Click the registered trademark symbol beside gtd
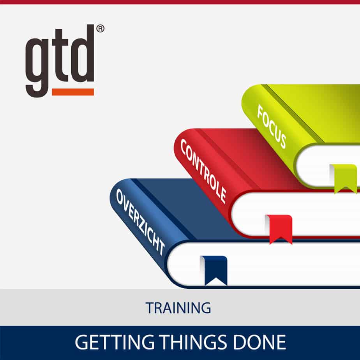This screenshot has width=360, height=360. coord(101,29)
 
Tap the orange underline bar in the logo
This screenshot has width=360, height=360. coord(73,92)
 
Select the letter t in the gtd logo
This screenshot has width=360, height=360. coord(60,56)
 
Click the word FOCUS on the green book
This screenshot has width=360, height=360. coord(272,126)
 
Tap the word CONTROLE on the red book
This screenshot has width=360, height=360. coord(203,171)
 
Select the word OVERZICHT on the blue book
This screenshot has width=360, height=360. coord(140,222)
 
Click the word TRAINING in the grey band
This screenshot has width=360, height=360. coord(178,308)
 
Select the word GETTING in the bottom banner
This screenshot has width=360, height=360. coord(115,342)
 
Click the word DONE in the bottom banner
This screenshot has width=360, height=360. coord(259,342)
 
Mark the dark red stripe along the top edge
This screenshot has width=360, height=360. coord(180,2)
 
